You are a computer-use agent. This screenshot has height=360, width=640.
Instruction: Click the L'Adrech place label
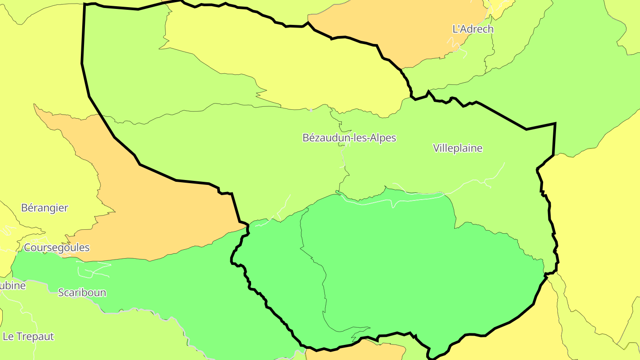(472, 29)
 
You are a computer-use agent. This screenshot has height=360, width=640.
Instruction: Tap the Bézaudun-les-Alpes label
(349, 138)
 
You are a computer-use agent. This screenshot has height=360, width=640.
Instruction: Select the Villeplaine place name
(457, 148)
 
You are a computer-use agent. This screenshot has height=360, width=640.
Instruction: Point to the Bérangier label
(44, 208)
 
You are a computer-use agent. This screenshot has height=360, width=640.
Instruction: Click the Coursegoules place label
(56, 248)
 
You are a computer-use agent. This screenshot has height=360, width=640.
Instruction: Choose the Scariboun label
(82, 292)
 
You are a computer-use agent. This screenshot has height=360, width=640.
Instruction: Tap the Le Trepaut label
(28, 336)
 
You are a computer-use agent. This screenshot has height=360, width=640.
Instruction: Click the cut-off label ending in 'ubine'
(12, 286)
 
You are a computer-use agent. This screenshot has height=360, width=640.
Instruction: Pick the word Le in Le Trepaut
(8, 336)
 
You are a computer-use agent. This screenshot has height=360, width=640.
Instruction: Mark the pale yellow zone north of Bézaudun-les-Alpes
(289, 67)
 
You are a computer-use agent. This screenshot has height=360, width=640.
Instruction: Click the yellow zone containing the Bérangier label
(40, 169)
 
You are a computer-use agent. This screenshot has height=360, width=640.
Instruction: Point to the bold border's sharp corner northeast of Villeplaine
(555, 124)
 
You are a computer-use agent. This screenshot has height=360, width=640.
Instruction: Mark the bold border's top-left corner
(84, 4)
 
